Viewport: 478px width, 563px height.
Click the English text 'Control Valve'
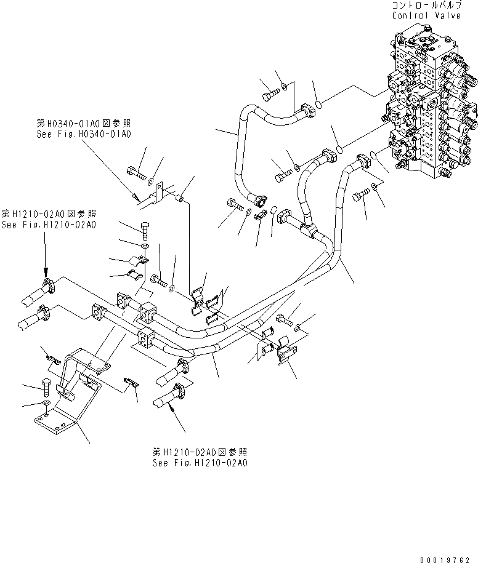click(426, 15)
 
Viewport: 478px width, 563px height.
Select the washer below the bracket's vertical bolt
click(47, 405)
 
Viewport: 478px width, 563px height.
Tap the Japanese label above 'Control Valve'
click(426, 6)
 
